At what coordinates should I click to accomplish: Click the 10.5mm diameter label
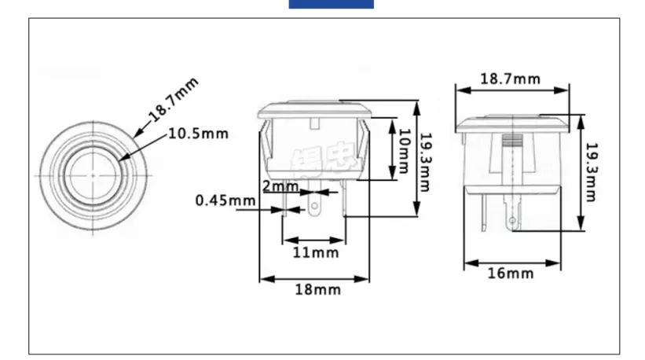pyautogui.click(x=198, y=134)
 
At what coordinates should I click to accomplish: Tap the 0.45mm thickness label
pyautogui.click(x=225, y=200)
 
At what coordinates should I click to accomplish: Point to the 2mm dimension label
pyautogui.click(x=280, y=187)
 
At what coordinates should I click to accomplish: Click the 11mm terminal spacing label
pyautogui.click(x=315, y=252)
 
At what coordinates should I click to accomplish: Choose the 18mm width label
pyautogui.click(x=317, y=289)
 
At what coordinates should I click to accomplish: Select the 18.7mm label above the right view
pyautogui.click(x=510, y=79)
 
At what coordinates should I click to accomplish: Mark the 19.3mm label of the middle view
pyautogui.click(x=424, y=161)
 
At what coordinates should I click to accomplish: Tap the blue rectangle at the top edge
pyautogui.click(x=331, y=4)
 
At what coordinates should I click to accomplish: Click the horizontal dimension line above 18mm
pyautogui.click(x=314, y=277)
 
